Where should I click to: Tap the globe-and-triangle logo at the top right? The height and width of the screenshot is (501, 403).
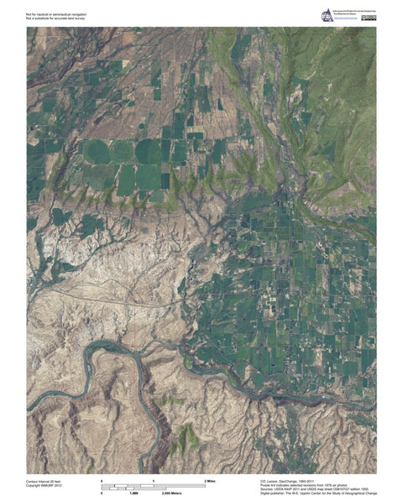point(327,14)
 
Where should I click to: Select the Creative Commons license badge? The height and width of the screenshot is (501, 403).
point(369,18)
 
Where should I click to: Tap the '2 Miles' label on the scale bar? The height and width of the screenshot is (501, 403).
point(211,478)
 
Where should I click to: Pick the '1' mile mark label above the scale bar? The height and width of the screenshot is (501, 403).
point(153,478)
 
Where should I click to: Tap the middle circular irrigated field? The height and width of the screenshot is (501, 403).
point(122,151)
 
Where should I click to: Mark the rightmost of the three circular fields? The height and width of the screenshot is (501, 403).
point(149,151)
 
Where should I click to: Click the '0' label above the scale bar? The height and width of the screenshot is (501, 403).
point(102,478)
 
